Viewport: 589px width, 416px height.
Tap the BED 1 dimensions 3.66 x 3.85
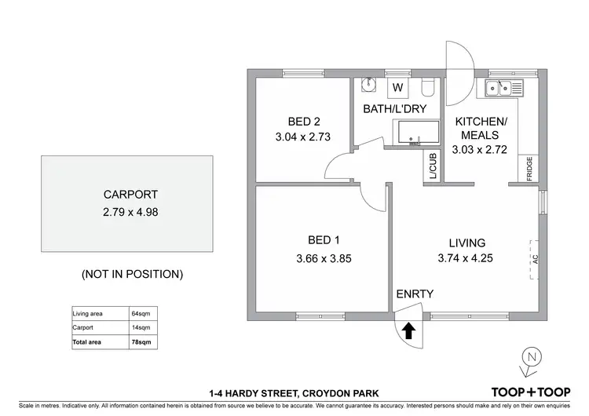pyautogui.click(x=323, y=257)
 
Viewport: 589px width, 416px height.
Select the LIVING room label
pyautogui.click(x=467, y=243)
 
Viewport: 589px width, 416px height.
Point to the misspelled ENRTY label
pyautogui.click(x=415, y=294)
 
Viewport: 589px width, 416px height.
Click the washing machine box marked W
pyautogui.click(x=397, y=87)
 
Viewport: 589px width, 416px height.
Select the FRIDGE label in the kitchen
pyautogui.click(x=529, y=169)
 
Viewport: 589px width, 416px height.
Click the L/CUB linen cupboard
pyautogui.click(x=433, y=166)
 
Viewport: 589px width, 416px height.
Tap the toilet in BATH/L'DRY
pyautogui.click(x=426, y=86)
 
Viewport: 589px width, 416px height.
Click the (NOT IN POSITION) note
pyautogui.click(x=132, y=274)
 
